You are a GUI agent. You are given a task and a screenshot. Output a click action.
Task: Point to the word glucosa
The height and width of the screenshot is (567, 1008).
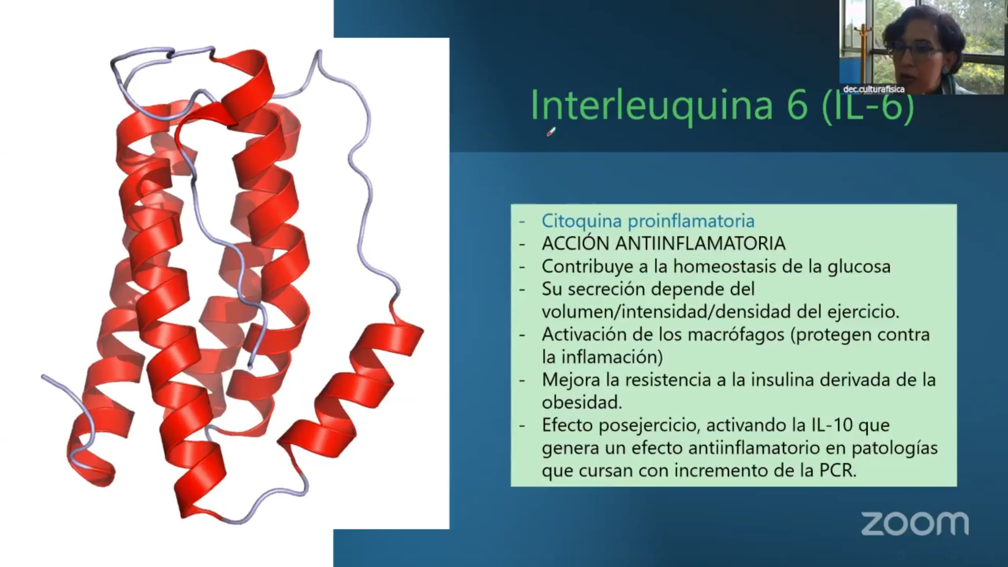tap(859, 267)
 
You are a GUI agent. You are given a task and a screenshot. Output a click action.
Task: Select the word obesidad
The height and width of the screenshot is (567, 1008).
tap(582, 403)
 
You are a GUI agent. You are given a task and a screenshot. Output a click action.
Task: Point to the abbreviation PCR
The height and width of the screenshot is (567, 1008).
tap(838, 470)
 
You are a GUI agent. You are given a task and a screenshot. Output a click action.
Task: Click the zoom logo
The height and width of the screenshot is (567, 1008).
tap(915, 524)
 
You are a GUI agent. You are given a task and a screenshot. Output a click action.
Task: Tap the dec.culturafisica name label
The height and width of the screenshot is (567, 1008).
tap(874, 89)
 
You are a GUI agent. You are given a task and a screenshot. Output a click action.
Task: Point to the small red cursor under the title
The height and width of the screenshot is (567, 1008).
tap(551, 132)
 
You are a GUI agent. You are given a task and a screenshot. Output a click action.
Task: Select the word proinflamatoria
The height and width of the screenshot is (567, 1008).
tap(691, 222)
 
